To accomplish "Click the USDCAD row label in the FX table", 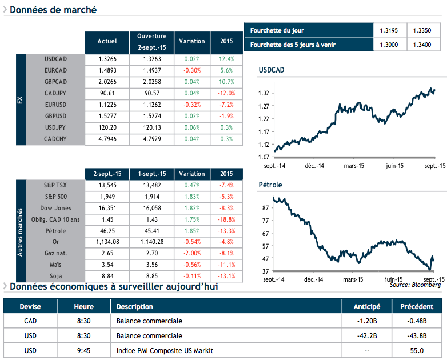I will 55,59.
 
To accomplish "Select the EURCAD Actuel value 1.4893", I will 107,70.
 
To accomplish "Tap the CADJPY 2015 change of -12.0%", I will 226,93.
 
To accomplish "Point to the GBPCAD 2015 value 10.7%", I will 226,82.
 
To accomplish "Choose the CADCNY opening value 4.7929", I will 152,139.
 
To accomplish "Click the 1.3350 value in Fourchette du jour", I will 422,30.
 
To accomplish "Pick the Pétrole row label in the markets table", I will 55,231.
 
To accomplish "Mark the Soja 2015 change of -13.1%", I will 226,277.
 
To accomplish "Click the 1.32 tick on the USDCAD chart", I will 264,93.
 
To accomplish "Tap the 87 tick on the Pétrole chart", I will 265,207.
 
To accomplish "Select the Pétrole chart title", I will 270,185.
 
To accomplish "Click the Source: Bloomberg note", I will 415,284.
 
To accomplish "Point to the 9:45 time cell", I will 84,350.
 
